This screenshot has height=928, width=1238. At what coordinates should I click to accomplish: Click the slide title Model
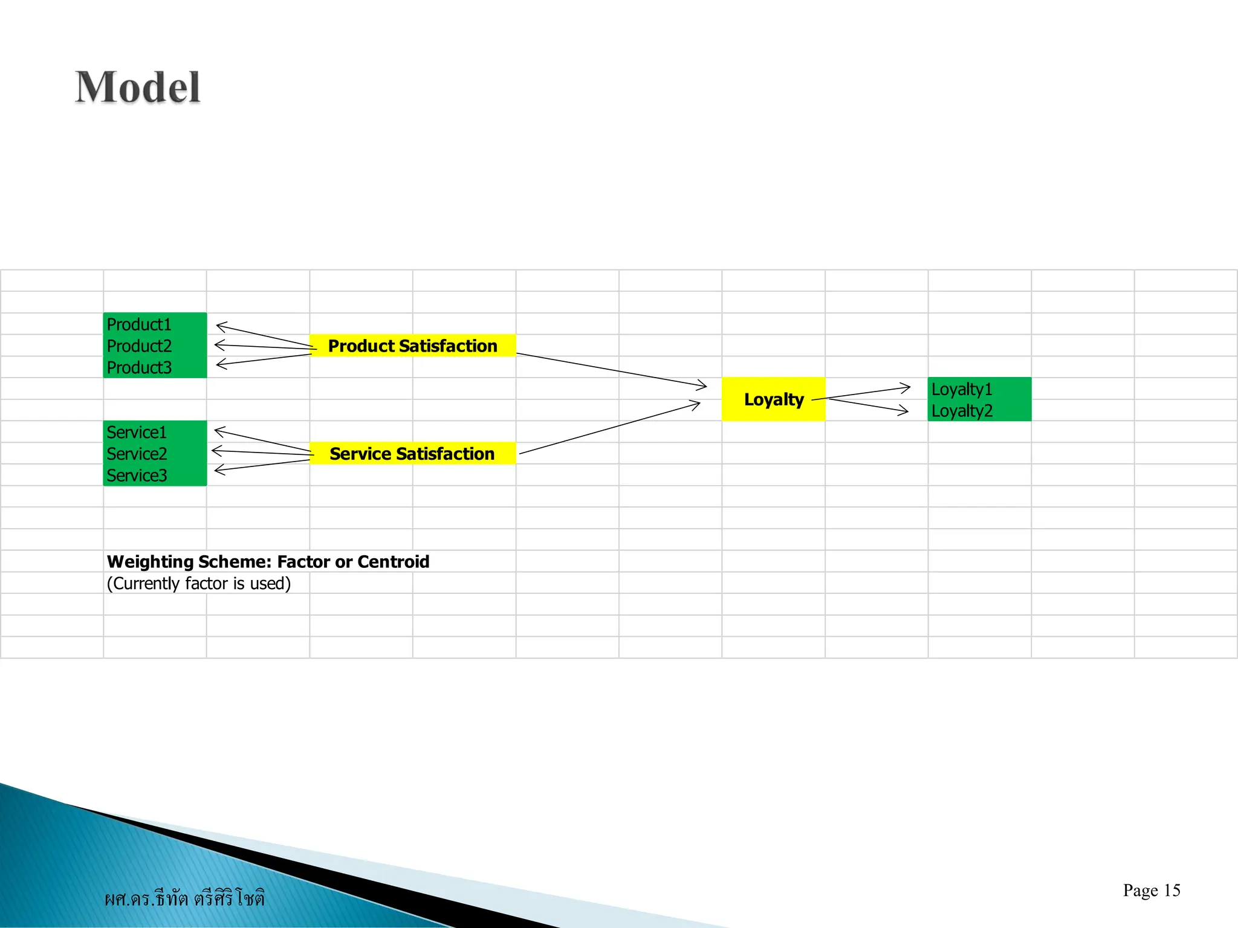click(x=138, y=88)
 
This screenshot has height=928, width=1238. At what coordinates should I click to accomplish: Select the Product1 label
click(x=139, y=324)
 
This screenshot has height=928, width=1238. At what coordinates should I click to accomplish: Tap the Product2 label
click(x=139, y=346)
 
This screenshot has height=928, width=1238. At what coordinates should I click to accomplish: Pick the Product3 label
click(x=139, y=367)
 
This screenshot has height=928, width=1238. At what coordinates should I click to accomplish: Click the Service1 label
click(x=137, y=433)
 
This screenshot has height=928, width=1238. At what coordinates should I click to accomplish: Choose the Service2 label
click(x=137, y=454)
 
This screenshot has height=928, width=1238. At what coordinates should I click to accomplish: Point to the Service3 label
click(x=137, y=475)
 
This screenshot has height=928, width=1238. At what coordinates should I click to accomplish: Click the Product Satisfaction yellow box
click(x=412, y=346)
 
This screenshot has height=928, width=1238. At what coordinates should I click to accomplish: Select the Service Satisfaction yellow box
click(x=412, y=454)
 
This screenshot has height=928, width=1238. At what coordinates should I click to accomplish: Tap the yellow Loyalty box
click(x=773, y=399)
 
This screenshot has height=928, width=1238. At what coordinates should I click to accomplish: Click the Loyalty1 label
click(x=961, y=389)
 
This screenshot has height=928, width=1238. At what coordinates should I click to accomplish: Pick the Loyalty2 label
click(x=961, y=411)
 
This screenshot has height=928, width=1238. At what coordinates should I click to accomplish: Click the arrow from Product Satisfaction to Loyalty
click(x=611, y=370)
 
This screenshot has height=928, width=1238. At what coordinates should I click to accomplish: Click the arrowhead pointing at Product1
click(x=220, y=326)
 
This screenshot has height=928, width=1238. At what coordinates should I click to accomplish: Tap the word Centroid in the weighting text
click(x=394, y=562)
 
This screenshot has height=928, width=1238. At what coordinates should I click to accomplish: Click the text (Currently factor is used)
click(x=199, y=584)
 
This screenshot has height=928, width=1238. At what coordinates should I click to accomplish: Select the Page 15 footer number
click(x=1151, y=891)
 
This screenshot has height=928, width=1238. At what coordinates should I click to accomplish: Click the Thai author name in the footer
click(x=184, y=898)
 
